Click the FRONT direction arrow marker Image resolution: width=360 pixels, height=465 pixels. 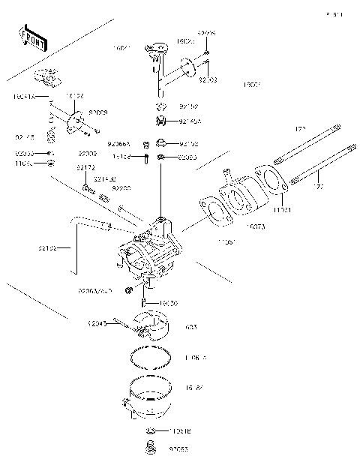pos(32,38)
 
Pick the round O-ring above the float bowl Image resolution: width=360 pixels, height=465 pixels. pos(149,358)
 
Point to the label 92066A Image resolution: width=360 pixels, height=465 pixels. pos(118,142)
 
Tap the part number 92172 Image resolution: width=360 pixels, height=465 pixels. pos(85,169)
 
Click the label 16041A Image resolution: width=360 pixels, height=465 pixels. pos(24,97)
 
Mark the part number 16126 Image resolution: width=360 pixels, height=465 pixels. pos(74,97)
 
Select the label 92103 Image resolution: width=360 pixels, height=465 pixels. pos(208,79)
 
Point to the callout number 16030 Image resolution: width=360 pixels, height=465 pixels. pos(169,303)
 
